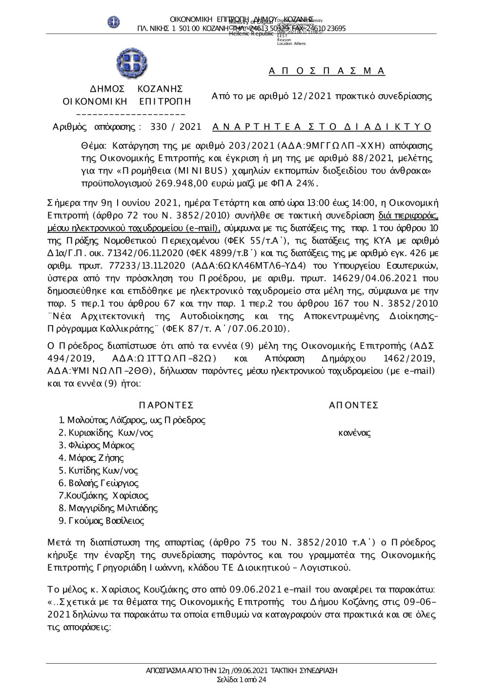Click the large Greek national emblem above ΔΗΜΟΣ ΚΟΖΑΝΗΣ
(x=132, y=63)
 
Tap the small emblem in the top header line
(x=114, y=22)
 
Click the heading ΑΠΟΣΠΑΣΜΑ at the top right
(x=327, y=71)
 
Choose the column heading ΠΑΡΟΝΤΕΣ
(x=166, y=405)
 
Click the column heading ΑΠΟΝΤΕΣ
(x=354, y=405)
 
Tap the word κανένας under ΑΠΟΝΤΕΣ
(x=354, y=433)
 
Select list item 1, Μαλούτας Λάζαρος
(x=132, y=420)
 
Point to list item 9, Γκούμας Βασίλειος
(x=101, y=521)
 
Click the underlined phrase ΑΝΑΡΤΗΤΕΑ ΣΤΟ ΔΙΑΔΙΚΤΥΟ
(x=322, y=127)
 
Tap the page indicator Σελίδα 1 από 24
(x=241, y=680)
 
